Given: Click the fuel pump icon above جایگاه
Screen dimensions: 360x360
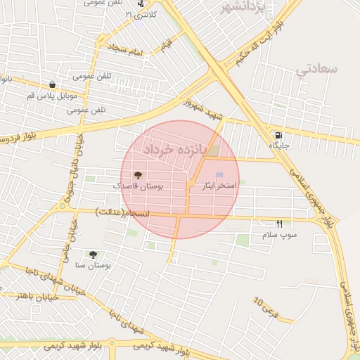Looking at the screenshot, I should [x=279, y=134].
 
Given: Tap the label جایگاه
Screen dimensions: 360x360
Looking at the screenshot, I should [x=279, y=145].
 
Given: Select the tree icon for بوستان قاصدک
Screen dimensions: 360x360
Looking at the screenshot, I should [x=138, y=175].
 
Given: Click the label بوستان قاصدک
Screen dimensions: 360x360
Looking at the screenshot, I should [x=139, y=186].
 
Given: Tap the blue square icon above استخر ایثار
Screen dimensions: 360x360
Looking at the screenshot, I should [x=219, y=175].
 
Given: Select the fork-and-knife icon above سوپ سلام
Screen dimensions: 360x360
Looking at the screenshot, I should [x=279, y=224].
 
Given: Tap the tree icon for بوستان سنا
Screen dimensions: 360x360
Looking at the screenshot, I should [x=93, y=254].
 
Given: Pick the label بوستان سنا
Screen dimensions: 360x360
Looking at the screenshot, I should [x=94, y=265].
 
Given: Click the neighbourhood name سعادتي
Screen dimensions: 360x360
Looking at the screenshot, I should [x=317, y=69].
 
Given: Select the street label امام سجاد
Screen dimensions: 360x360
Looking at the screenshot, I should [x=125, y=52].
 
